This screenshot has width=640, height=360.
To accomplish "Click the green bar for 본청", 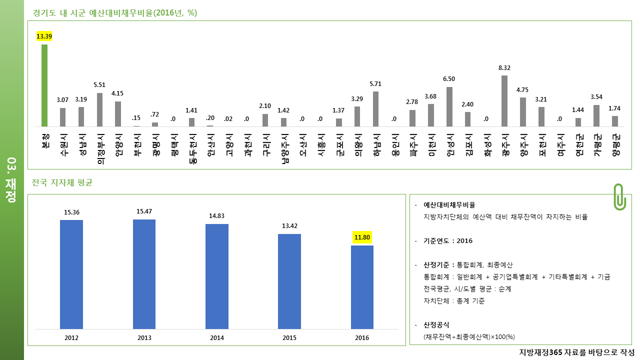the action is (44, 85).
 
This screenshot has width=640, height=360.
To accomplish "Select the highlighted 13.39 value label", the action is (44, 36).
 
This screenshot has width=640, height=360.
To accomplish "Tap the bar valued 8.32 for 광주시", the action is (504, 101).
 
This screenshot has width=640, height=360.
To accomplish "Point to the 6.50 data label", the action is (449, 79).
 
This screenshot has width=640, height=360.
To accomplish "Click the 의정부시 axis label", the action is (101, 149).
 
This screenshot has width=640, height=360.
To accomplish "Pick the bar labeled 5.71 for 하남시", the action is (375, 109).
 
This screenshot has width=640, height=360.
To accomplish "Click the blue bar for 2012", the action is (71, 274).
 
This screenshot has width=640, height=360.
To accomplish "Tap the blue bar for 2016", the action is (362, 287).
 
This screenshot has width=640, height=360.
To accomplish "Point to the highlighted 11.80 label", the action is (362, 237).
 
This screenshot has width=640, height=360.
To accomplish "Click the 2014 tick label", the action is (217, 337).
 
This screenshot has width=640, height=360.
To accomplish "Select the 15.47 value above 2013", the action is (144, 211).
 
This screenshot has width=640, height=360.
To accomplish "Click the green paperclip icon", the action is (619, 197).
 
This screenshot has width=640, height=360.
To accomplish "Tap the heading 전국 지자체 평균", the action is (62, 182).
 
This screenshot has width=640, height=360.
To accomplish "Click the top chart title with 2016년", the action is (115, 13).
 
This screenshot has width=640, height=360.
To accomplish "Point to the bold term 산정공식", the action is (436, 325).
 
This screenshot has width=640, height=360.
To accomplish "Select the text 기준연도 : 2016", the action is (448, 241).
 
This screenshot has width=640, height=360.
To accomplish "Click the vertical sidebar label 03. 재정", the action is (11, 179).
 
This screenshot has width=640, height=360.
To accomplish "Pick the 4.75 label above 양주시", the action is (522, 89).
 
